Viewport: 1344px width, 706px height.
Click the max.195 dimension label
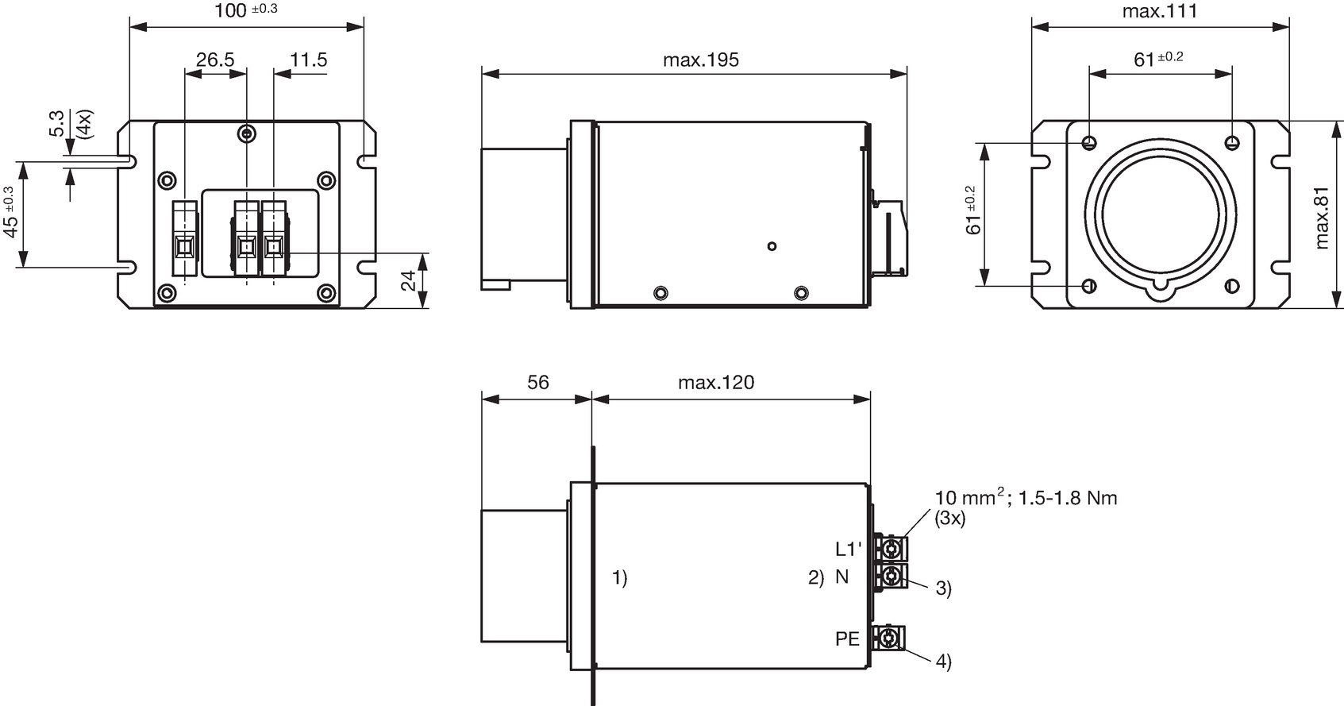[x=701, y=60]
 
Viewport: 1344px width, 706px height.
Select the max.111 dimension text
[x=1160, y=11]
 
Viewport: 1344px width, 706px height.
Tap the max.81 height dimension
[x=1321, y=218]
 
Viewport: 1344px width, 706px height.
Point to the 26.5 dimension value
[x=215, y=60]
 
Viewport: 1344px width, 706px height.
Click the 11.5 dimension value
[x=308, y=60]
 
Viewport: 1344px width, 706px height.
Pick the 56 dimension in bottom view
[x=537, y=383]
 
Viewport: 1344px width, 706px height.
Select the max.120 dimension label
[x=716, y=383]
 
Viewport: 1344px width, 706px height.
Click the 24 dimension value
[x=408, y=280]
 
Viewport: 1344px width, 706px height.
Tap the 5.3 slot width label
[x=56, y=124]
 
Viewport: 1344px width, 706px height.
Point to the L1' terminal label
[x=849, y=549]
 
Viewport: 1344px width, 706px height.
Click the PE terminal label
[x=847, y=639]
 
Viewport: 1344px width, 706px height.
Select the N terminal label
[x=842, y=577]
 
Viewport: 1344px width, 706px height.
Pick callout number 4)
[x=944, y=662]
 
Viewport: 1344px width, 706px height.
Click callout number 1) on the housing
[x=620, y=578]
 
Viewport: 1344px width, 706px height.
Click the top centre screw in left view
[x=247, y=133]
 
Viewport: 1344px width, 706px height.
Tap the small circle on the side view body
[x=772, y=246]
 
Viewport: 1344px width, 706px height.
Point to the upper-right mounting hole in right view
[x=1232, y=143]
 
